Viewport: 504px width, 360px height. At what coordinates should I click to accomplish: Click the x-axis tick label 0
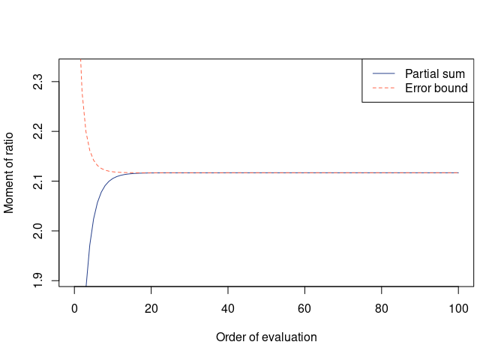74,308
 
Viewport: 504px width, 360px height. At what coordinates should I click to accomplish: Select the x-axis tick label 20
151,308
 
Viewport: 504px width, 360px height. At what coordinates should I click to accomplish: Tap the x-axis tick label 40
228,308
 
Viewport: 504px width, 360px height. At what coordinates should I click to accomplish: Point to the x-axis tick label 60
304,308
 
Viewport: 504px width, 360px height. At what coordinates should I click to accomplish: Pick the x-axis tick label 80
382,308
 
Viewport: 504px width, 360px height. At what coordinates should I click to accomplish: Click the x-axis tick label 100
458,308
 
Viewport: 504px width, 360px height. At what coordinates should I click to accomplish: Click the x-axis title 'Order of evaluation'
266,337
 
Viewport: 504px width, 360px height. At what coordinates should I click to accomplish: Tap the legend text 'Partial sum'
435,73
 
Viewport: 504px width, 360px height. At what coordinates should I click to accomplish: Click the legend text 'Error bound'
436,88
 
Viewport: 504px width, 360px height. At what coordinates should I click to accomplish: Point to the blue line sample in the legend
383,73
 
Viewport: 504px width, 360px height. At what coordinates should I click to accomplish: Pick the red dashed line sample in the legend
383,88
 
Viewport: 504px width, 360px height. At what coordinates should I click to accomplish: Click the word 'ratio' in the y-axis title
10,148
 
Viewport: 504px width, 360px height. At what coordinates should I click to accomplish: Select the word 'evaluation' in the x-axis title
290,337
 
